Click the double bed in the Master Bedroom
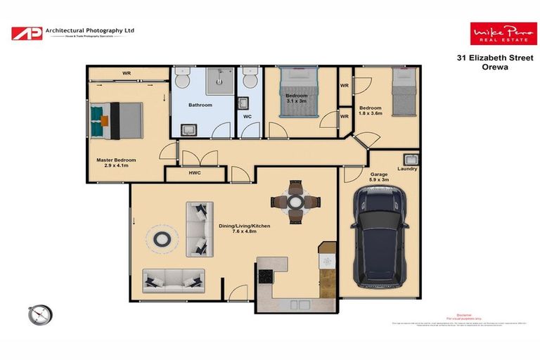[x=116, y=118]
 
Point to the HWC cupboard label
[x=195, y=173]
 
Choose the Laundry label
[x=406, y=169]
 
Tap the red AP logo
[x=26, y=33]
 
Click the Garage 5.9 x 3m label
[x=379, y=176]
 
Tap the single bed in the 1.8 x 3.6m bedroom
[x=404, y=95]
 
